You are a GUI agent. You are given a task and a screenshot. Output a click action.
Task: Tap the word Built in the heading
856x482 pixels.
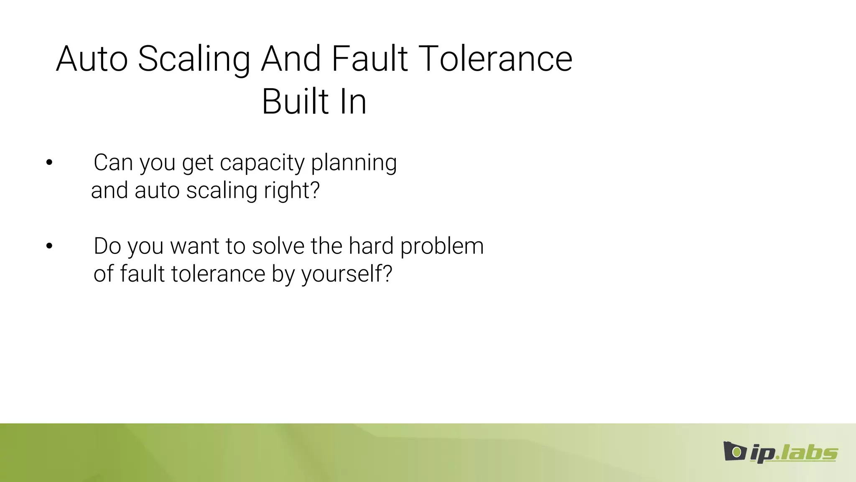tap(295, 102)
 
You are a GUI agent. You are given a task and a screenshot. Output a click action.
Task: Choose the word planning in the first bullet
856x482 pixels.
tap(354, 163)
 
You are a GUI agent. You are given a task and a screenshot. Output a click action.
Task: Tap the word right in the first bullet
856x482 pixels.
tap(284, 191)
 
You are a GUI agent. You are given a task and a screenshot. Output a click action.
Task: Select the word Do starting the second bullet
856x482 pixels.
tap(107, 246)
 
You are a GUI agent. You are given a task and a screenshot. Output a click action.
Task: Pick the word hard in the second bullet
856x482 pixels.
tap(371, 246)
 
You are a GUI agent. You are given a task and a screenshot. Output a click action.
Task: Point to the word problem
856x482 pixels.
tap(442, 247)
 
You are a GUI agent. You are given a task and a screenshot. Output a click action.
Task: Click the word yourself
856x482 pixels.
tap(341, 274)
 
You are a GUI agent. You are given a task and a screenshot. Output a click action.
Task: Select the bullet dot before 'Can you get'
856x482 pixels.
tap(49, 162)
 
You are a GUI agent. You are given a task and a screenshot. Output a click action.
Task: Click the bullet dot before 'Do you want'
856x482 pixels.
tap(49, 246)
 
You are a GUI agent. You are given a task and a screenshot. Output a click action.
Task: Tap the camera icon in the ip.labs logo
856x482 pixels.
tap(734, 451)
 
